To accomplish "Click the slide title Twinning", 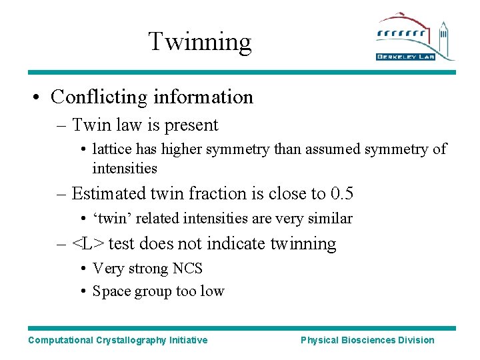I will pyautogui.click(x=199, y=41).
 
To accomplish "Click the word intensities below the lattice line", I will pyautogui.click(x=125, y=168).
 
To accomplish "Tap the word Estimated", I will pyautogui.click(x=108, y=194).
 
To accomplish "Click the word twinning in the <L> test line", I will pyautogui.click(x=303, y=244).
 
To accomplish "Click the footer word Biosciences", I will pyautogui.click(x=369, y=340).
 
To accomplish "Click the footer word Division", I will pyautogui.click(x=417, y=340).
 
